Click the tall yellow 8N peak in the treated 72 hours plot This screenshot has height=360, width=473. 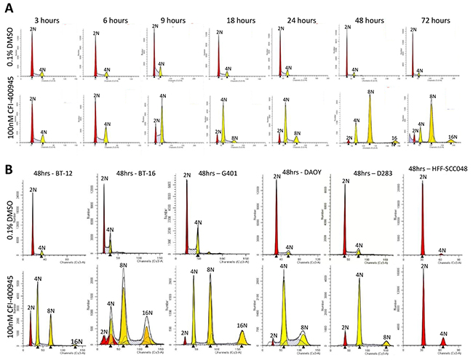coord(432,124)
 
